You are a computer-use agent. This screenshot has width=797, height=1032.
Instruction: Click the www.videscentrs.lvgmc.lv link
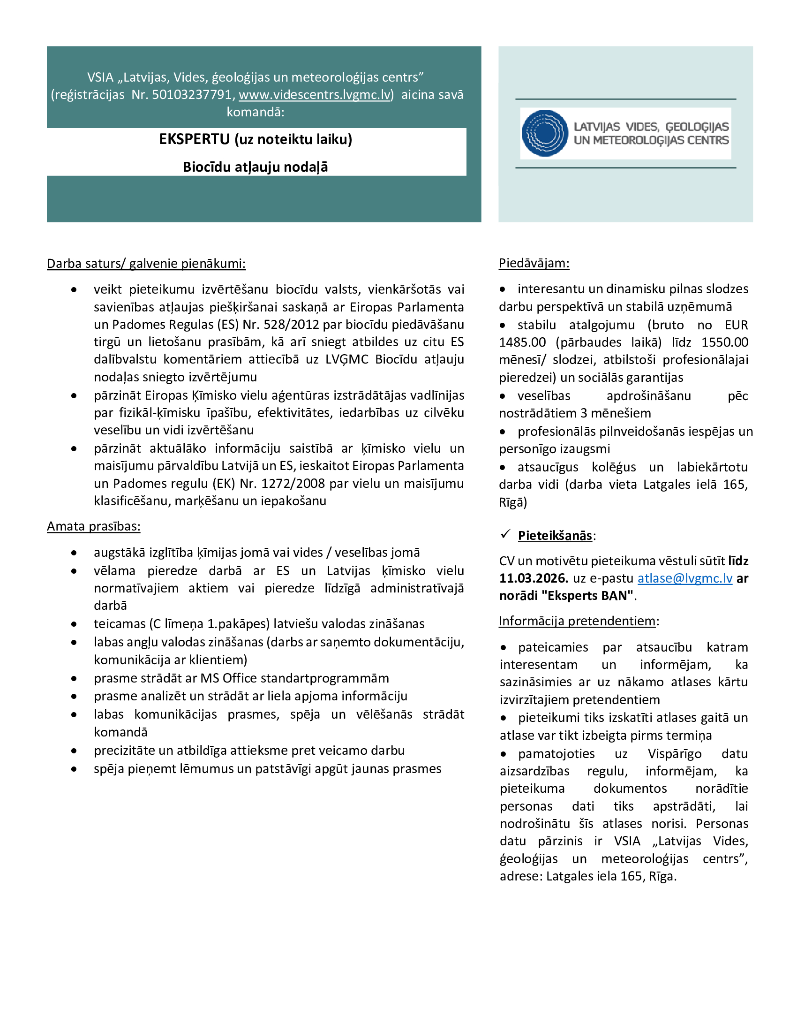pyautogui.click(x=315, y=95)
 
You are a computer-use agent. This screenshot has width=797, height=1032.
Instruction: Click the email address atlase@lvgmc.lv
pyautogui.click(x=684, y=578)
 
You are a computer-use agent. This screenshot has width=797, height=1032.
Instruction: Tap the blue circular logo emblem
pyautogui.click(x=545, y=133)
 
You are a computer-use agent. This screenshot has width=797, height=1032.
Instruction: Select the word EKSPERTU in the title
pyautogui.click(x=194, y=139)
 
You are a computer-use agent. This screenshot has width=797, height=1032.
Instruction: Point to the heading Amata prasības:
pyautogui.click(x=93, y=526)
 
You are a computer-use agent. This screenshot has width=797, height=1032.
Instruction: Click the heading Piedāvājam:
pyautogui.click(x=534, y=263)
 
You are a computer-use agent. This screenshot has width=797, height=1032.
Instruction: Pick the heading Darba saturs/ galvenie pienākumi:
pyautogui.click(x=146, y=264)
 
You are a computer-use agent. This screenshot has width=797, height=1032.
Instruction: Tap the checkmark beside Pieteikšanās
pyautogui.click(x=506, y=534)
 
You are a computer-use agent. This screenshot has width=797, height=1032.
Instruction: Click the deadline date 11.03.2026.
pyautogui.click(x=534, y=578)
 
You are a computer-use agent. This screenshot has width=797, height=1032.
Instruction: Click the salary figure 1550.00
pyautogui.click(x=725, y=342)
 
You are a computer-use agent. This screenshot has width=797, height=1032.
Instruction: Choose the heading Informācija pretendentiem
pyautogui.click(x=577, y=621)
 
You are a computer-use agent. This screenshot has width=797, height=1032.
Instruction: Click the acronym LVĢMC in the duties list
pyautogui.click(x=347, y=360)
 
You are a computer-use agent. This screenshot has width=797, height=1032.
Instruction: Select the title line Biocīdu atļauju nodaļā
pyautogui.click(x=256, y=167)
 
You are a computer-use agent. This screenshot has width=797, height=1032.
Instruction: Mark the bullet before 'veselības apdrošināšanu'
pyautogui.click(x=503, y=396)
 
